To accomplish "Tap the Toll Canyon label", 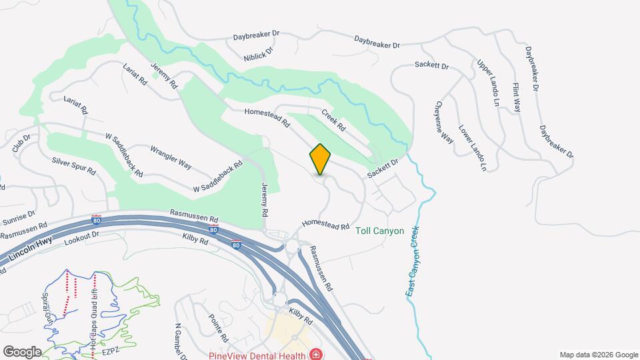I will [x=380, y=231].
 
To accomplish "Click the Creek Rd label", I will [x=333, y=119].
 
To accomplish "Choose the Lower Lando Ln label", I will [x=473, y=148].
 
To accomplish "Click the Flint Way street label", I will [x=516, y=97].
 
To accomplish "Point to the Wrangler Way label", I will [x=171, y=156].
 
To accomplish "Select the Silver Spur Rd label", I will [x=74, y=166].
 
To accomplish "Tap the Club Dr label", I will [x=21, y=145].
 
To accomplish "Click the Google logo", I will [x=22, y=351].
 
